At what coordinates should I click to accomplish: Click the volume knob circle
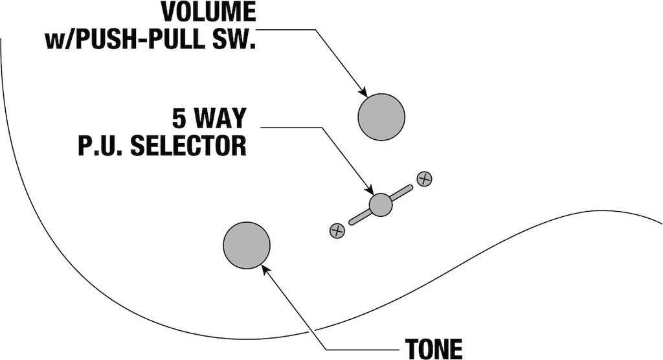(381, 117)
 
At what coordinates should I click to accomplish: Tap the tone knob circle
(247, 245)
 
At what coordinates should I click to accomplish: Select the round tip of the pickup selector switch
(381, 205)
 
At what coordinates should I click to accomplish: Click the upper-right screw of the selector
(424, 179)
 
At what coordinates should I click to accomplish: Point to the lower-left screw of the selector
(337, 230)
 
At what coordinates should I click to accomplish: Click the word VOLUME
(208, 12)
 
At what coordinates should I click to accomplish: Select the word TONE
(434, 348)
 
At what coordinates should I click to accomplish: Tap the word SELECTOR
(188, 146)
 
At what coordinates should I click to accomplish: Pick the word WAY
(219, 119)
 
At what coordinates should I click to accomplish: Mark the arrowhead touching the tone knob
(267, 268)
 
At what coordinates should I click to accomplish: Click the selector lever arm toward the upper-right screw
(401, 192)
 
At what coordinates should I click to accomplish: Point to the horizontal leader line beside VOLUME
(285, 29)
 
